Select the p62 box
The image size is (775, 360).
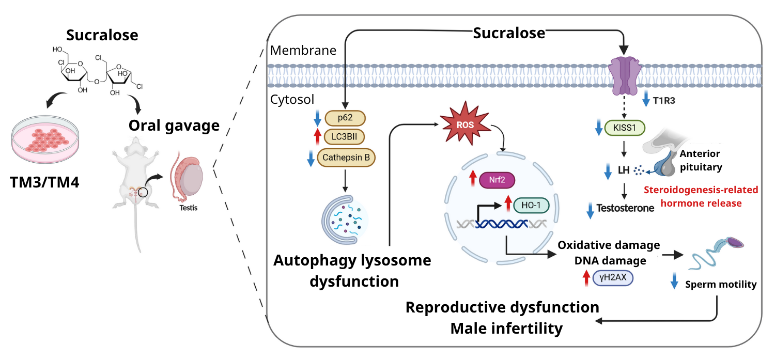[345, 118]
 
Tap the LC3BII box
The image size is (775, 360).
[345, 137]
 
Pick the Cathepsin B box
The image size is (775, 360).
[346, 158]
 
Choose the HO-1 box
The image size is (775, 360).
[530, 205]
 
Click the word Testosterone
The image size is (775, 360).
[625, 208]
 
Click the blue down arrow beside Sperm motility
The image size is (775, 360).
[674, 283]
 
